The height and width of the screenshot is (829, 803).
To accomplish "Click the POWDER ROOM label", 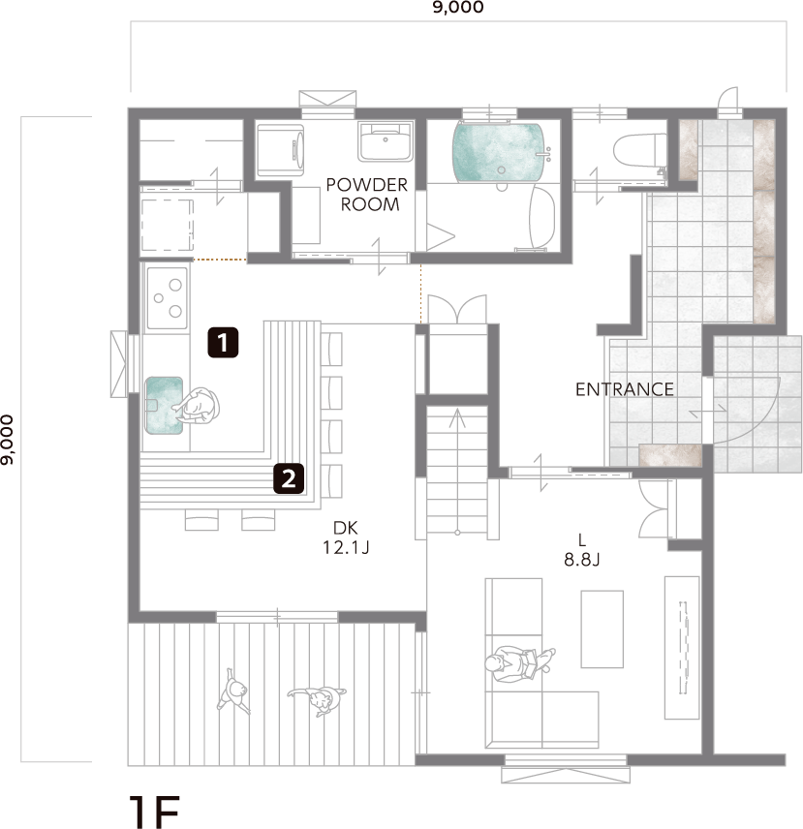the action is tap(367, 195).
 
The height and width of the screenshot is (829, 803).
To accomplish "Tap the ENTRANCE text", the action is tap(625, 389).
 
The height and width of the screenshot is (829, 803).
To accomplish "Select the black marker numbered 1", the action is tap(223, 343).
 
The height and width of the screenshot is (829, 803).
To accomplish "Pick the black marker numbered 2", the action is tap(289, 478).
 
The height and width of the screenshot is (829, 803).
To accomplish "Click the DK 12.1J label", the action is tap(346, 537).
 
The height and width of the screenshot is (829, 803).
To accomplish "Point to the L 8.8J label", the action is tap(581, 550).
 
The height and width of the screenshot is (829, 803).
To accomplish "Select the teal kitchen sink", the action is tap(164, 406).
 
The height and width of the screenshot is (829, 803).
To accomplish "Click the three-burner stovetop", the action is tap(167, 298).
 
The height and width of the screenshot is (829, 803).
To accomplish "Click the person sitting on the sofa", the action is tap(519, 663).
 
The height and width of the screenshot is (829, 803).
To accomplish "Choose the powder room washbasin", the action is tap(386, 141).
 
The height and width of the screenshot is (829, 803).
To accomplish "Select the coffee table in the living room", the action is tap(602, 629).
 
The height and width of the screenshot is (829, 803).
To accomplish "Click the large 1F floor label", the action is tap(154, 812).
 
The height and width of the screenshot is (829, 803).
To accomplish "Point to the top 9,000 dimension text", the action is tap(458, 8).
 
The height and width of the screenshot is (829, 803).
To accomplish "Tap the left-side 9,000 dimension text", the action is tap(7, 440).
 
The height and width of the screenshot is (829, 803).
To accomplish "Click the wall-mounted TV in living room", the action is tap(683, 647).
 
